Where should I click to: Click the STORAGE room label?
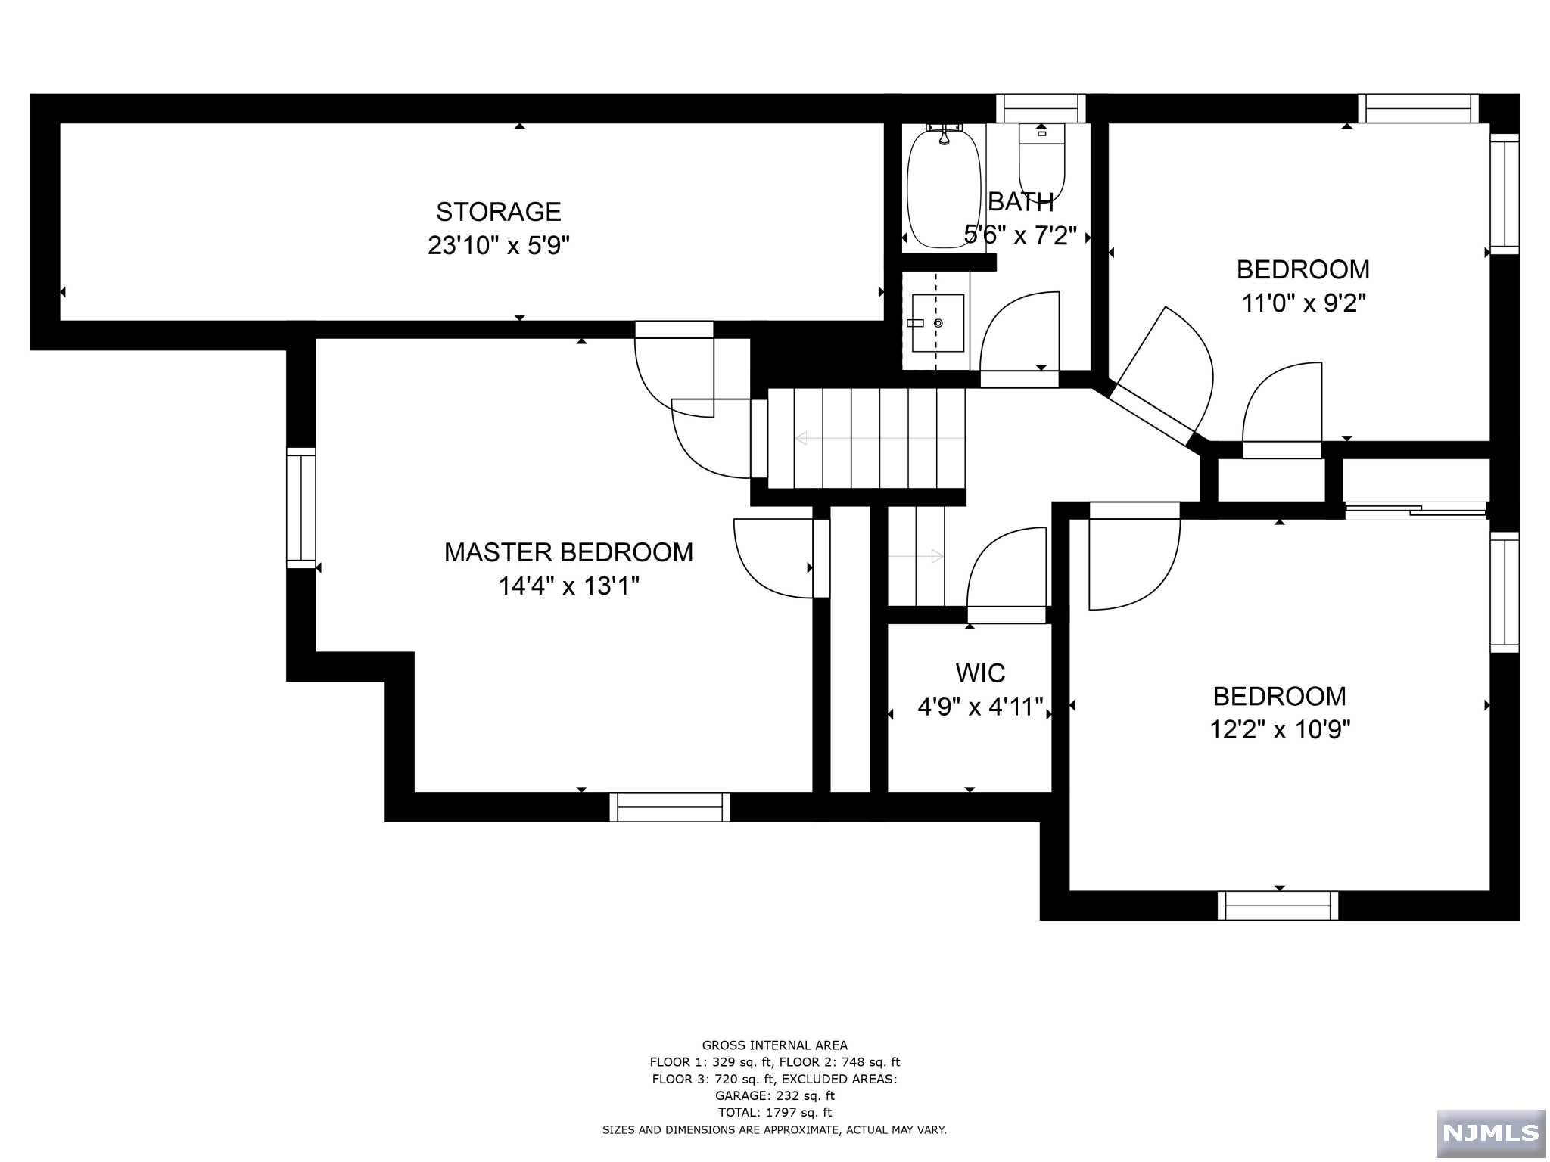pyautogui.click(x=498, y=212)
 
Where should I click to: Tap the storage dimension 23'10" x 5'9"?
pyautogui.click(x=498, y=246)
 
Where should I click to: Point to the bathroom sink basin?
pyautogui.click(x=938, y=323)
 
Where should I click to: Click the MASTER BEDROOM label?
pyautogui.click(x=568, y=552)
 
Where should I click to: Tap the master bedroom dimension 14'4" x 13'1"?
pyautogui.click(x=568, y=586)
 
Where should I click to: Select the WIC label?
pyautogui.click(x=980, y=673)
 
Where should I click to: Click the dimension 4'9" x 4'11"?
pyautogui.click(x=980, y=707)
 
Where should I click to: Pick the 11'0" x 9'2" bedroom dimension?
pyautogui.click(x=1303, y=303)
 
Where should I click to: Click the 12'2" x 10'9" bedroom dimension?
pyautogui.click(x=1279, y=730)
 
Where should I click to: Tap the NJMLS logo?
pyautogui.click(x=1490, y=1132)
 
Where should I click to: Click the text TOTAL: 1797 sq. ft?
pyautogui.click(x=774, y=1112)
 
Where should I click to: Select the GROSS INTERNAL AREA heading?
pyautogui.click(x=774, y=1045)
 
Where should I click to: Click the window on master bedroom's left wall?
pyautogui.click(x=300, y=508)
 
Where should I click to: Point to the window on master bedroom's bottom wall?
pyautogui.click(x=670, y=807)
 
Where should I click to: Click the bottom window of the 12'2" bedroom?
pyautogui.click(x=1278, y=906)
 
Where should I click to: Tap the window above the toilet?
pyautogui.click(x=1040, y=108)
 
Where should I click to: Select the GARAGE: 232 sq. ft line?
pyautogui.click(x=774, y=1095)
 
